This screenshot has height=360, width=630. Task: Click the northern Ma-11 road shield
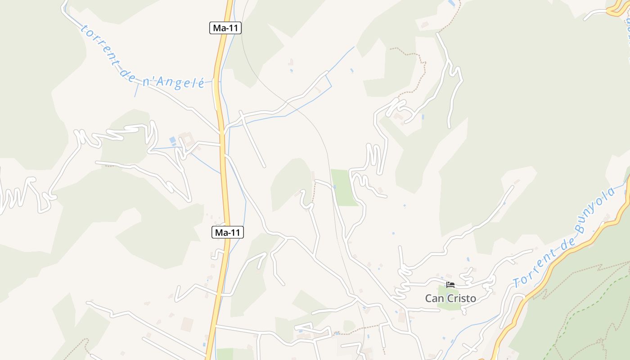225,28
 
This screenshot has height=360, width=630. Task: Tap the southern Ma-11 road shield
227,232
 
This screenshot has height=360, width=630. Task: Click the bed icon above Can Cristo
450,284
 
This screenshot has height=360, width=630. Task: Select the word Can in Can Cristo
434,298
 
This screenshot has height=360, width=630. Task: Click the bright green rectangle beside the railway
344,187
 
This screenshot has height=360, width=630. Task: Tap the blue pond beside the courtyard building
173,140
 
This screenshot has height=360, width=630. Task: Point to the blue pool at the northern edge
451,3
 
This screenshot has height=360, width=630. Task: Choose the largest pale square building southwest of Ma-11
187,324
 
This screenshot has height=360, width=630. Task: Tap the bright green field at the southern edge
225,354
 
